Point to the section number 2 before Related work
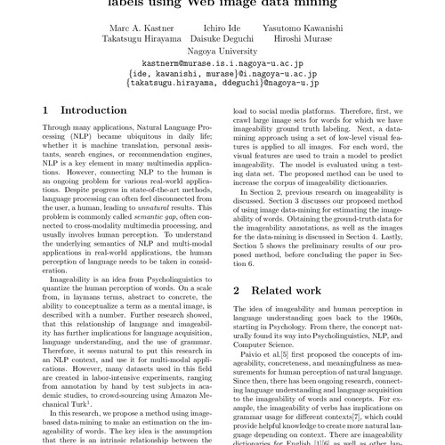click(x=237, y=290)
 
